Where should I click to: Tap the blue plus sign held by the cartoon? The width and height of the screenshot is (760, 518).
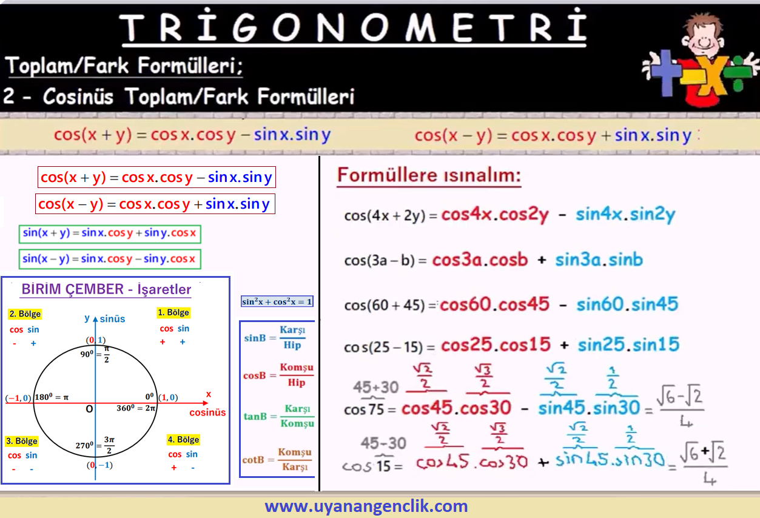pos(665,73)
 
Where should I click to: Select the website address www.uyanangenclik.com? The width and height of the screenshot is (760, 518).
pos(366,506)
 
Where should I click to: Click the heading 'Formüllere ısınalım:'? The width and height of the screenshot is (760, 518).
pos(429,175)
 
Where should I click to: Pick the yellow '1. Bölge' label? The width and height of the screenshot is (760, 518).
pos(173,312)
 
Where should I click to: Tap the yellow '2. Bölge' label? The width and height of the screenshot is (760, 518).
pos(25,314)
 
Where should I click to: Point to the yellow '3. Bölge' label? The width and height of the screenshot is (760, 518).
pos(22,441)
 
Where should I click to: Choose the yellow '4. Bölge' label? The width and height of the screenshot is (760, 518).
pos(183,440)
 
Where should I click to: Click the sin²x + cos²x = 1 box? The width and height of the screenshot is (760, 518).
pos(277,301)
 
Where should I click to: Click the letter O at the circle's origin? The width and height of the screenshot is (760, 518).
pos(89,409)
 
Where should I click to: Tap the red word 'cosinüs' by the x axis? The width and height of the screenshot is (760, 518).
pos(207,412)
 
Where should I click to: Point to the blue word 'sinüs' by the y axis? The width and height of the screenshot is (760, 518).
pos(112,319)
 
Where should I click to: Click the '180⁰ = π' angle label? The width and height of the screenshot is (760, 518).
pos(52,397)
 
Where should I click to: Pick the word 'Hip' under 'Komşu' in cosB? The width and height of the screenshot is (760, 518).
pos(297,383)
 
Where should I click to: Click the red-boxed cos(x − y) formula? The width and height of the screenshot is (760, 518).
pos(155,204)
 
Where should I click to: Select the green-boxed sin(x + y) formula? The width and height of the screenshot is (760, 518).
pos(110,234)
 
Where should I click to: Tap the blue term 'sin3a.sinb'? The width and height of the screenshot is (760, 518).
pos(599,260)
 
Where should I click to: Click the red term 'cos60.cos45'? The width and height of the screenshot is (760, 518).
pos(494,304)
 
